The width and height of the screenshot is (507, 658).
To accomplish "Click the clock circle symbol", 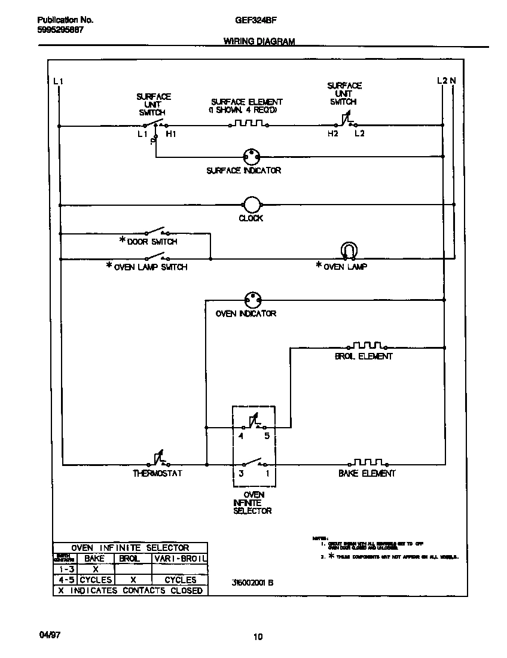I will click(x=252, y=204).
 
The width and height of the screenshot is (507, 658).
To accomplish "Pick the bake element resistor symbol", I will click(x=367, y=462).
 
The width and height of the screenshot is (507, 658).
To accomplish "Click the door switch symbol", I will click(x=157, y=231).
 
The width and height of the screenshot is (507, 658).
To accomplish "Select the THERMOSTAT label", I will click(x=157, y=473).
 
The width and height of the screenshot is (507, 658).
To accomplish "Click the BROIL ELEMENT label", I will click(x=364, y=357).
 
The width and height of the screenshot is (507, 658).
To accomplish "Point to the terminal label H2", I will click(x=333, y=134).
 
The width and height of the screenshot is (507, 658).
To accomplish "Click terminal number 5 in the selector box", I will click(x=267, y=437).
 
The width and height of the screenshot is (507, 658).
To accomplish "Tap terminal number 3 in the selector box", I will click(x=241, y=473).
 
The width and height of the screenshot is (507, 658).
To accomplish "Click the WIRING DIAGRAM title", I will click(x=259, y=42).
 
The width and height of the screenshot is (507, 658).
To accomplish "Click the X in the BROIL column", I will click(x=133, y=580).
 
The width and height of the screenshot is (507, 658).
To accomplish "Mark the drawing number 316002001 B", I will click(x=252, y=583).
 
